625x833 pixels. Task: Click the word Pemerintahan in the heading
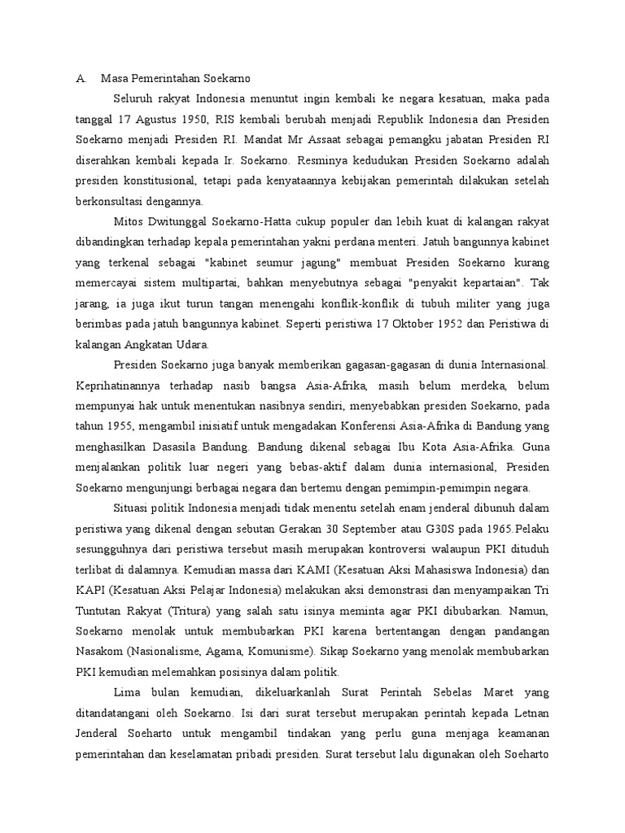(x=168, y=79)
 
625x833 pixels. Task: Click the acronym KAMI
(x=281, y=569)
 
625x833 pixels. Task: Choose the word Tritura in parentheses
(x=212, y=608)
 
